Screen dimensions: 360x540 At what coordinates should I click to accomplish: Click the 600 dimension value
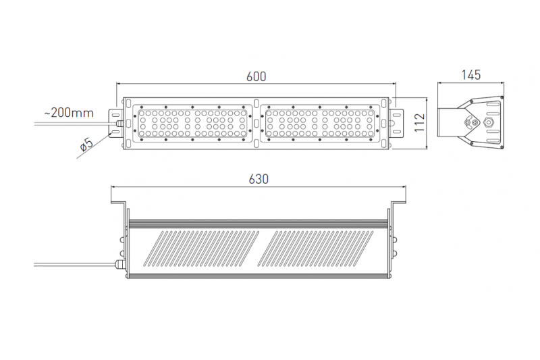point(256,76)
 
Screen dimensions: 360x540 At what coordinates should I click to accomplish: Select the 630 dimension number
point(259,179)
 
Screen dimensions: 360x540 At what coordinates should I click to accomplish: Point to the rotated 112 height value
point(418,122)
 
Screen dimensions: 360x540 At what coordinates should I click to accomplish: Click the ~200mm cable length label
point(68,113)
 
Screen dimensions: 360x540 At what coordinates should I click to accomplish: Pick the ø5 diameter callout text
point(86,145)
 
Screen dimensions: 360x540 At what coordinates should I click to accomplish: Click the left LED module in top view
point(192,122)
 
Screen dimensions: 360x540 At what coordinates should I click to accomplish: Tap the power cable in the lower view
point(74,261)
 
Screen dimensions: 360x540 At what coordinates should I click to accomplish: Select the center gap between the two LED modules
point(257,122)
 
